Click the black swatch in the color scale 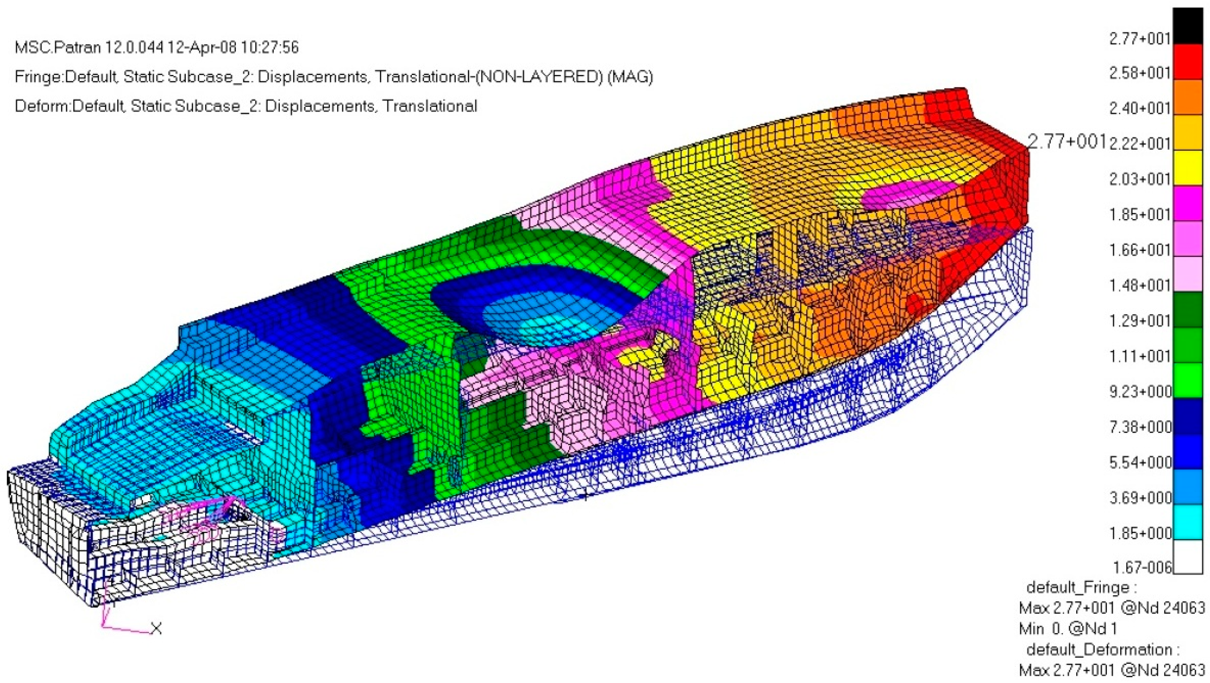click(x=1189, y=26)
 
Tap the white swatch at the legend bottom click(x=1189, y=556)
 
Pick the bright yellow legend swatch click(x=1189, y=168)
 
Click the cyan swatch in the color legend click(x=1189, y=521)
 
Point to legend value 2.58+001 click(x=1139, y=73)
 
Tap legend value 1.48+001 click(x=1139, y=285)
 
